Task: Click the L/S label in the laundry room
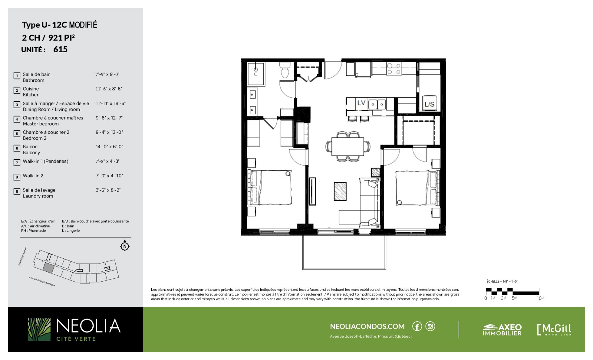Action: pyautogui.click(x=429, y=104)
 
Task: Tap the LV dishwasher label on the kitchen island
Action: pyautogui.click(x=361, y=103)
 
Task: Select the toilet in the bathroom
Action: pyautogui.click(x=285, y=70)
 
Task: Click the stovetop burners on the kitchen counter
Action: pyautogui.click(x=394, y=69)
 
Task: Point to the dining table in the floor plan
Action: pyautogui.click(x=348, y=146)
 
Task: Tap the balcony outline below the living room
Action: pyautogui.click(x=344, y=269)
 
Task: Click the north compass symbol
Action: pyautogui.click(x=125, y=246)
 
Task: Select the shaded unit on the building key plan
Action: pyautogui.click(x=48, y=268)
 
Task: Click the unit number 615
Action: pyautogui.click(x=60, y=49)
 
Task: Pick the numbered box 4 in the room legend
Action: pyautogui.click(x=17, y=119)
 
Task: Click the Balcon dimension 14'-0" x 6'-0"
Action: pyautogui.click(x=109, y=147)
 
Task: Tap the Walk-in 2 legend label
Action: pyautogui.click(x=33, y=176)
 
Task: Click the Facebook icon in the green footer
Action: pyautogui.click(x=417, y=326)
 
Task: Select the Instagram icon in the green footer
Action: pyautogui.click(x=430, y=326)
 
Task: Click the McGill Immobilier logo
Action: pyautogui.click(x=554, y=330)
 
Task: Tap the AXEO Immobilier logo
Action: pyautogui.click(x=502, y=330)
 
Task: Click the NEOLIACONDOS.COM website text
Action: pyautogui.click(x=367, y=326)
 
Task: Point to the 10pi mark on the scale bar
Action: pyautogui.click(x=540, y=298)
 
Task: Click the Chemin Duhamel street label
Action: pyautogui.click(x=22, y=256)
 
